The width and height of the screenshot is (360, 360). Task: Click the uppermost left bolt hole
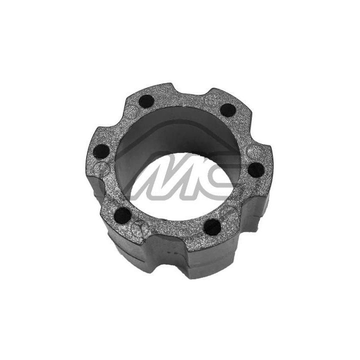[x=146, y=101]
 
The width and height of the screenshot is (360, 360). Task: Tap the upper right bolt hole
[x=227, y=110]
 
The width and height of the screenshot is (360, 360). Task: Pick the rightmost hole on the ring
[x=255, y=169]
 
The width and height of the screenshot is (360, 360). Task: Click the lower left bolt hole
[x=122, y=215]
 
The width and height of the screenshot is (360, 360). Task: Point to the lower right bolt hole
[x=212, y=227]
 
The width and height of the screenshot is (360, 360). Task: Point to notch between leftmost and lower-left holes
[x=102, y=187]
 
